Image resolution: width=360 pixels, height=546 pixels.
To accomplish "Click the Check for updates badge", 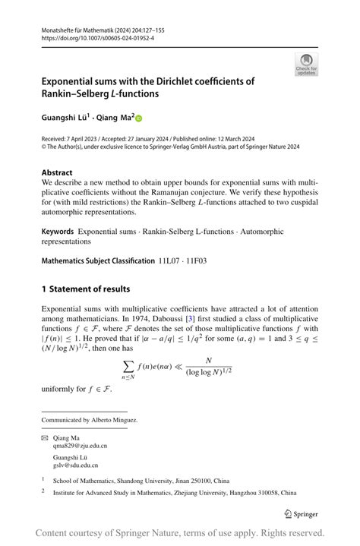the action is point(306,64).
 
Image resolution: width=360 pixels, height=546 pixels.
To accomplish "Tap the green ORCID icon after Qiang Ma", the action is point(139,118).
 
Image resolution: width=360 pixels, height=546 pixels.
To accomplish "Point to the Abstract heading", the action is point(57,172).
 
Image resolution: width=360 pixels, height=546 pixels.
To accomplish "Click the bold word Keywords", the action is point(58,231).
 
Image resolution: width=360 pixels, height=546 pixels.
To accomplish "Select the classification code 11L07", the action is point(171,260).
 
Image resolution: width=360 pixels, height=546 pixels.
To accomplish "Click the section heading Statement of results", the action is point(91,289).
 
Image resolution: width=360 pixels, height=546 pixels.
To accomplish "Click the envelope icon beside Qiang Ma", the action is point(46,438).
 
